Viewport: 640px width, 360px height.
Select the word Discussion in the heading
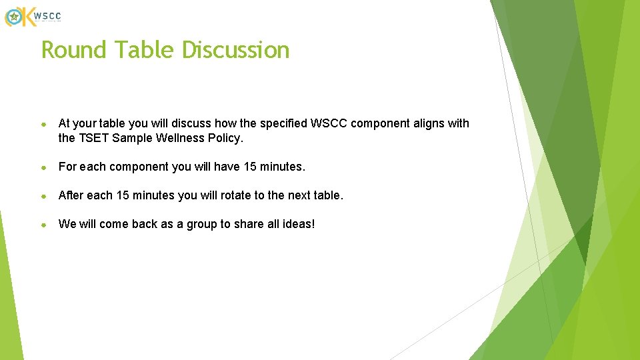tap(236, 50)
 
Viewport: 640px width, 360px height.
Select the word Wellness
tap(178, 139)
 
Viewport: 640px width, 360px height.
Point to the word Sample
tap(133, 139)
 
